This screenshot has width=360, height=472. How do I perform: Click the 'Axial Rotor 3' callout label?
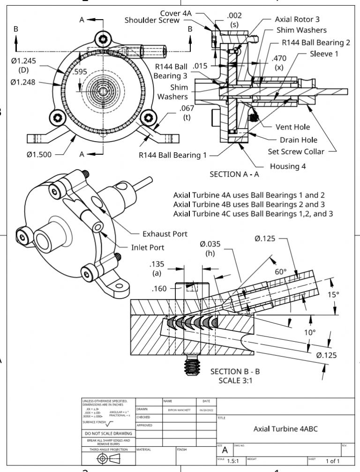click(x=297, y=19)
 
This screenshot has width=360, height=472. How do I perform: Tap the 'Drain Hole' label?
click(x=298, y=140)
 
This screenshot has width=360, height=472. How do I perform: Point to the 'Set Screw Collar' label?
click(x=296, y=151)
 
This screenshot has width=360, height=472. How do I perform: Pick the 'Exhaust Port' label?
click(x=165, y=233)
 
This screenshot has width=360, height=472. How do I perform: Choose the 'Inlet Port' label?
click(x=147, y=247)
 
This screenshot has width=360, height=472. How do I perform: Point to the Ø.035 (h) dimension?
click(x=210, y=248)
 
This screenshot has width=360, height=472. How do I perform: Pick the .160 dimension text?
click(x=159, y=289)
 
